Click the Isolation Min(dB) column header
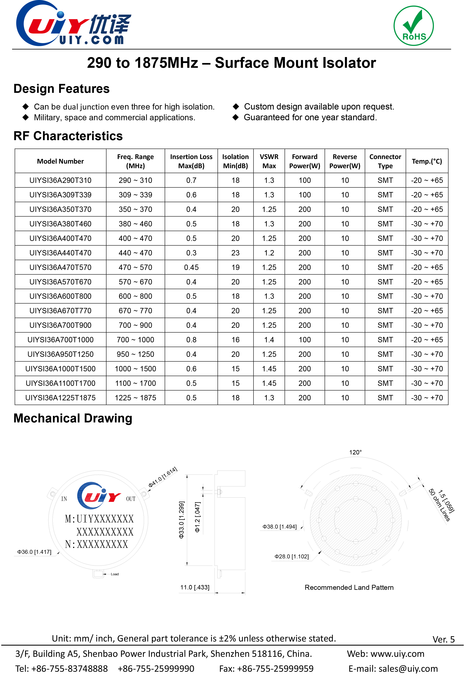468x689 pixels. [x=235, y=161]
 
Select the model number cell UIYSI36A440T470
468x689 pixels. [x=60, y=253]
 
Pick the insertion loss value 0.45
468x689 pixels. [x=191, y=267]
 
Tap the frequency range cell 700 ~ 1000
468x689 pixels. [x=135, y=340]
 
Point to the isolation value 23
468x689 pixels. [x=235, y=253]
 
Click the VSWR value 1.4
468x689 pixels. [x=269, y=340]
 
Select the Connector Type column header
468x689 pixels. [x=385, y=161]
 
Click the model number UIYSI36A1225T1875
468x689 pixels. [x=60, y=398]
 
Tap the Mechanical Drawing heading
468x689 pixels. [x=73, y=418]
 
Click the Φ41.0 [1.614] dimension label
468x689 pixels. [x=163, y=477]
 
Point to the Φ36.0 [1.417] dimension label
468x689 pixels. [x=34, y=552]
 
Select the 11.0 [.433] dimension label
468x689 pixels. [x=195, y=587]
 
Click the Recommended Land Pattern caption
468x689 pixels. [x=349, y=588]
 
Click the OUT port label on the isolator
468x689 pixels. [x=131, y=499]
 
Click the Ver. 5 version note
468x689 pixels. [x=443, y=640]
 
